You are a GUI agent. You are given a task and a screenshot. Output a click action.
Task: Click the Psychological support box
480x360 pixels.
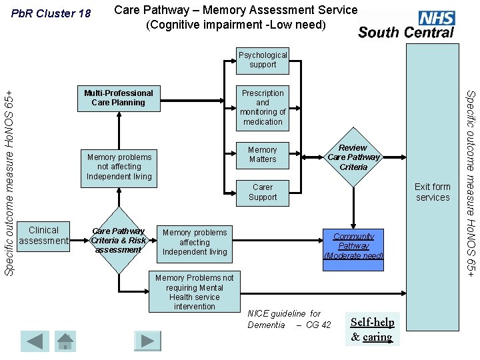pos(263,60)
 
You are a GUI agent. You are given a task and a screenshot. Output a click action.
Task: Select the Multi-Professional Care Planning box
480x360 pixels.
pos(119,98)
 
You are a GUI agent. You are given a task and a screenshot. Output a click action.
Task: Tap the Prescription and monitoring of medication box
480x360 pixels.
pos(263,107)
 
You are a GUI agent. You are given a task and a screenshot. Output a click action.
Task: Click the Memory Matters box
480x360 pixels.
pos(263,155)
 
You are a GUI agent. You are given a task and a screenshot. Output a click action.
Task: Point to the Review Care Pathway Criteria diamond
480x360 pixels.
pos(353,157)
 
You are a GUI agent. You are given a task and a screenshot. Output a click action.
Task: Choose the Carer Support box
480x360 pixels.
pos(263,192)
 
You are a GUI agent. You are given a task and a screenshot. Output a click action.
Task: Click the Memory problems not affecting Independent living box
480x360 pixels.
pos(119,167)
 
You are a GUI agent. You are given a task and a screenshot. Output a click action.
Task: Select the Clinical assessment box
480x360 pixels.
pos(44,235)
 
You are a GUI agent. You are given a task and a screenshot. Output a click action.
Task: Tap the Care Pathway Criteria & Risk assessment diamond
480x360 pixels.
pos(119,241)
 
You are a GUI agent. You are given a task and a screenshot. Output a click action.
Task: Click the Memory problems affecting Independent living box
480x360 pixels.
pos(195,242)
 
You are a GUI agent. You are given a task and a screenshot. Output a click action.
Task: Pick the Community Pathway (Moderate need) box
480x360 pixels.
pos(353,246)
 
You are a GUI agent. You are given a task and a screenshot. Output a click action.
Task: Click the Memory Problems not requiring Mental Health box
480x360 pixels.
pos(194,292)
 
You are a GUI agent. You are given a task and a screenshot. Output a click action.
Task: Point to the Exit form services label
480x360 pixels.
pos(433,192)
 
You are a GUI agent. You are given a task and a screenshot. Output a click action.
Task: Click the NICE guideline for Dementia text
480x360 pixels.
pos(289,319)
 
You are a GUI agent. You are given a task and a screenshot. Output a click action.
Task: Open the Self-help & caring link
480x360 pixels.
pos(373,329)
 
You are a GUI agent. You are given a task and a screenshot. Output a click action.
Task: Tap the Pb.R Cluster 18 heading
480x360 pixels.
pos(51,13)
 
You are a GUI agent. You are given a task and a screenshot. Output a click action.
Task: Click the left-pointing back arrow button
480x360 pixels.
pos(34,341)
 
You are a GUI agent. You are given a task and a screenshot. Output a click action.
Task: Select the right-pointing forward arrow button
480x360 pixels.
pos(147,341)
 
